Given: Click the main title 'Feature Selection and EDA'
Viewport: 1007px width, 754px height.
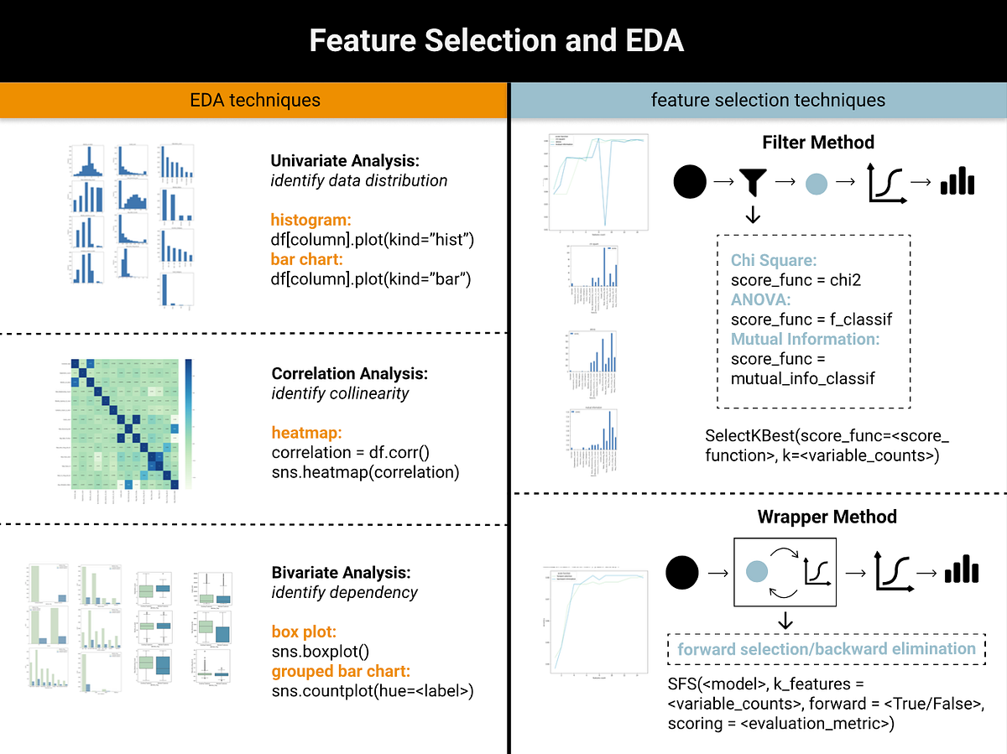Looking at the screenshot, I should click(x=497, y=41).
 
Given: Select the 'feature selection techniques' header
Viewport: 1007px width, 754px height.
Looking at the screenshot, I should click(x=768, y=101).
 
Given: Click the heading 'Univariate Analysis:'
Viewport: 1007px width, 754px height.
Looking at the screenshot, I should click(x=345, y=160).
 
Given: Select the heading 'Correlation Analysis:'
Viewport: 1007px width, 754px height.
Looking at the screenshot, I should click(x=350, y=373).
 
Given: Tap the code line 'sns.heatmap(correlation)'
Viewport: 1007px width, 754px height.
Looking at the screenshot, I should click(x=366, y=472).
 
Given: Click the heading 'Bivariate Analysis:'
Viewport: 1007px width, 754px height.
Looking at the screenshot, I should click(x=342, y=573).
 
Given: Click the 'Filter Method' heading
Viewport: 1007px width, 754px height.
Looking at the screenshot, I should click(x=818, y=143).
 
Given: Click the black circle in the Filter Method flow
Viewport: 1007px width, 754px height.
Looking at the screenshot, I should click(x=690, y=181).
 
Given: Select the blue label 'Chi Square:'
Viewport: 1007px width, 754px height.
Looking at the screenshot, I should click(x=773, y=260).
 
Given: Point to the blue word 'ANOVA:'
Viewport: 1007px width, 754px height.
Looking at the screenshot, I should click(x=760, y=299).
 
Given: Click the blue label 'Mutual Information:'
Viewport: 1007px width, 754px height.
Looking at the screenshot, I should click(x=805, y=339).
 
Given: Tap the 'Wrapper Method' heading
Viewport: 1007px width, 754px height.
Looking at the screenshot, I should click(x=827, y=517).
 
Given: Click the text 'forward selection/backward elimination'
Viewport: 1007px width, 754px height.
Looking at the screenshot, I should click(x=827, y=649).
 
